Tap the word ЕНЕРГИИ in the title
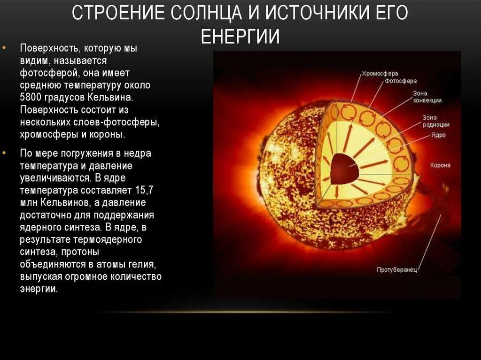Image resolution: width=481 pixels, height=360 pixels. click(x=240, y=37)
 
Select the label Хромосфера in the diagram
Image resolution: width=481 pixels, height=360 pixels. click(x=380, y=74)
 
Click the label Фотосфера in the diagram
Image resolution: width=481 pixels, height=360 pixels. click(x=401, y=81)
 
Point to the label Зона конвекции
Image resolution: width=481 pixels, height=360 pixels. click(x=427, y=97)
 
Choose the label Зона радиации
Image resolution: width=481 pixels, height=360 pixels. click(x=435, y=121)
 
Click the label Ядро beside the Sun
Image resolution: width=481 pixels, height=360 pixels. click(x=438, y=135)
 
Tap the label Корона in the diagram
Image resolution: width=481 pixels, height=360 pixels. click(x=440, y=165)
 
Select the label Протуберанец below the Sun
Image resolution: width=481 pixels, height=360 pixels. click(x=396, y=270)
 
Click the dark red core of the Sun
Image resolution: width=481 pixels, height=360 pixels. click(x=344, y=169)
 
